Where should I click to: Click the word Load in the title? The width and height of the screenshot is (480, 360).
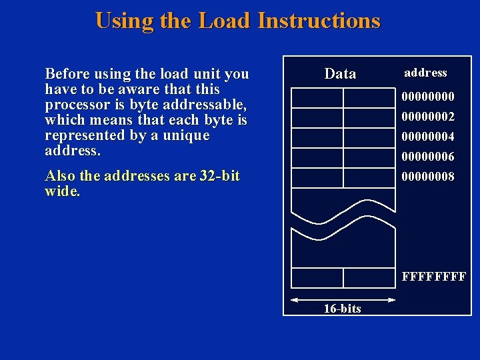pos(223,21)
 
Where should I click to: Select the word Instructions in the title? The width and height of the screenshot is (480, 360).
pos(319,21)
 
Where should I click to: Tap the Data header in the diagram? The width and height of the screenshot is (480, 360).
pos(340,74)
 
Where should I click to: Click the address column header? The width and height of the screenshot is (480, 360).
pos(425,73)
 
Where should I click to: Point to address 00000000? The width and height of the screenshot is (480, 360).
pos(427,97)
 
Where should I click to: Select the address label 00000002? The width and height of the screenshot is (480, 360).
pos(427,117)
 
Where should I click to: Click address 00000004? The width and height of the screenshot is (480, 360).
pos(427,137)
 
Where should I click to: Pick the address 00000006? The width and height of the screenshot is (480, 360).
pos(427,157)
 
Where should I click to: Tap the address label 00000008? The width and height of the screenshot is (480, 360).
pos(427,177)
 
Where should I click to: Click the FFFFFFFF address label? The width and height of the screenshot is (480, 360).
pos(433,276)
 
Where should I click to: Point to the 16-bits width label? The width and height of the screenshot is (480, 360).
pos(342,309)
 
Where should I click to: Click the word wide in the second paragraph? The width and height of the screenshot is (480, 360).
pos(61,192)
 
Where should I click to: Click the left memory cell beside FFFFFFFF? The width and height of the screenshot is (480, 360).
pos(317,277)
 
